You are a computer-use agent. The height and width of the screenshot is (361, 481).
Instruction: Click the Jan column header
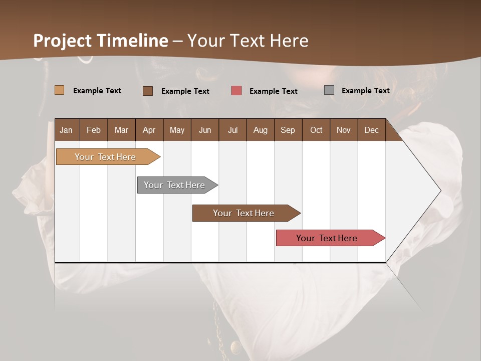pos(67,130)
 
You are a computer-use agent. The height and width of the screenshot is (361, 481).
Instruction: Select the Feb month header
pos(94,130)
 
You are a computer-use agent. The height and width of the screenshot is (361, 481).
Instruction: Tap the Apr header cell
pos(149,130)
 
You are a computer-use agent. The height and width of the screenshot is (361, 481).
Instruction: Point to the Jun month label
pos(205,130)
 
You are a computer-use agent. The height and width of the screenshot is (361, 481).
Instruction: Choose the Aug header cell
pos(261,130)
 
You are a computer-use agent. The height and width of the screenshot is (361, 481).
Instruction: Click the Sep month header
pos(288,130)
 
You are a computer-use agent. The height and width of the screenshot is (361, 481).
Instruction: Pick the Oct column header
pos(316,130)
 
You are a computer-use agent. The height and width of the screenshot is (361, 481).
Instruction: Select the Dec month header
pos(372,130)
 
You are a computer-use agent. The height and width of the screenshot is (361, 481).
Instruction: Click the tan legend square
pos(60,90)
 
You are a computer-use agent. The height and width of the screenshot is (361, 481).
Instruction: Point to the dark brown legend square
pos(148,91)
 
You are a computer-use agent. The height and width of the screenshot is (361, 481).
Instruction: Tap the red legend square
pos(236,91)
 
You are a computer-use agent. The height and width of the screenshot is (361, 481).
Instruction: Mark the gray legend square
pos(329,90)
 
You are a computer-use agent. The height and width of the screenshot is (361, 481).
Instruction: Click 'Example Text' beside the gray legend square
pos(365,91)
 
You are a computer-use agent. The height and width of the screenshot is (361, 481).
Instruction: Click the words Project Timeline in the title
pos(100,41)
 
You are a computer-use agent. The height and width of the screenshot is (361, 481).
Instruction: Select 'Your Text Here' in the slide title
pos(248,41)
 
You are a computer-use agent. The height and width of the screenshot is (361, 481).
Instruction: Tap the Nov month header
pos(344,130)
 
